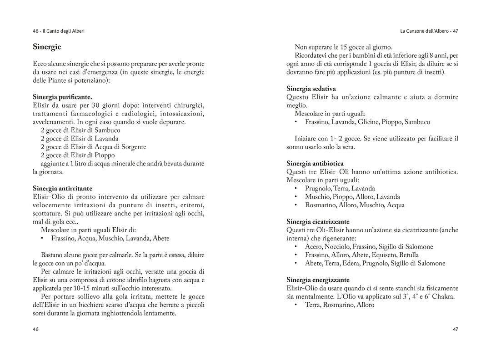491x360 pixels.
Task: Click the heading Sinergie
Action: pos(47,47)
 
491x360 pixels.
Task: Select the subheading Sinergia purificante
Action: pos(62,97)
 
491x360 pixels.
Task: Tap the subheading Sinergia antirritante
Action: pos(62,188)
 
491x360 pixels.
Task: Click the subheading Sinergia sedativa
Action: pos(311,89)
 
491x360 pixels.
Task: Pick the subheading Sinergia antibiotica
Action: pos(315,163)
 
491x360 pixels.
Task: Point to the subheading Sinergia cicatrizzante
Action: pos(318,222)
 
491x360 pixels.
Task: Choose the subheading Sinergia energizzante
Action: pos(318,280)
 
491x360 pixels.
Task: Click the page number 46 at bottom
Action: pos(35,330)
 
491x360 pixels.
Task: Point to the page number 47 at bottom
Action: pos(456,330)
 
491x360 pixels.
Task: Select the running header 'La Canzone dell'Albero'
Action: pos(426,31)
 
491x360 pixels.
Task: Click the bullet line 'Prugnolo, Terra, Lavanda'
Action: pos(340,189)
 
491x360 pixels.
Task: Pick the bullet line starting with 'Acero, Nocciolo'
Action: pos(369,247)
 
